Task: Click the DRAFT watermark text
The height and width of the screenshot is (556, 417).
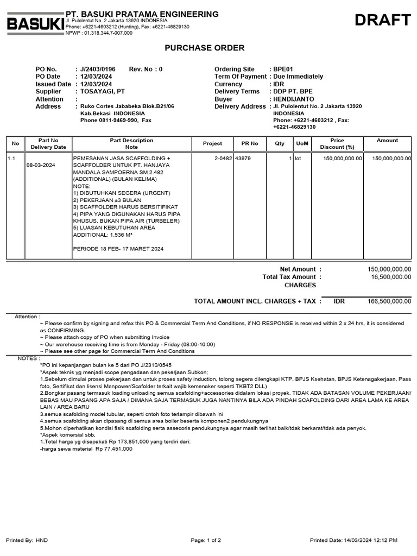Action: tap(383, 21)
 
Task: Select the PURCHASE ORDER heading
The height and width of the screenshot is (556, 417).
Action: tap(205, 48)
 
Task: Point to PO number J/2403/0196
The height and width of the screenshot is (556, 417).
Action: tap(98, 69)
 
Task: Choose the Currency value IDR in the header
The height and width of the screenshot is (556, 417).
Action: tap(279, 84)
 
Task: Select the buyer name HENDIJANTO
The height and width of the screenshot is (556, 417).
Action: tap(293, 99)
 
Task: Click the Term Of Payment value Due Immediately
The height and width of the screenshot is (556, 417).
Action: tap(298, 77)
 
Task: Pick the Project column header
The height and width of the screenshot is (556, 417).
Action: tap(212, 144)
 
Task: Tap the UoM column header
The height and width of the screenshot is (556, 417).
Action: tap(301, 144)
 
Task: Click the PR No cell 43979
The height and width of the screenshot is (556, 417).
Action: tap(243, 159)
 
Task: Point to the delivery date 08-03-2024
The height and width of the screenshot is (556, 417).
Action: tap(41, 165)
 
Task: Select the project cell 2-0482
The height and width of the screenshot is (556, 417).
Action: tap(223, 159)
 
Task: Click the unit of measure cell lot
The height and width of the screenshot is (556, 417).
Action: tap(298, 159)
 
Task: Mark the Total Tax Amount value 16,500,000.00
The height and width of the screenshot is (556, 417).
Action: tap(391, 277)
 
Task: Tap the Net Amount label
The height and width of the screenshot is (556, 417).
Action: tap(298, 269)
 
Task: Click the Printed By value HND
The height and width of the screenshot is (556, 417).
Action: tap(42, 540)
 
